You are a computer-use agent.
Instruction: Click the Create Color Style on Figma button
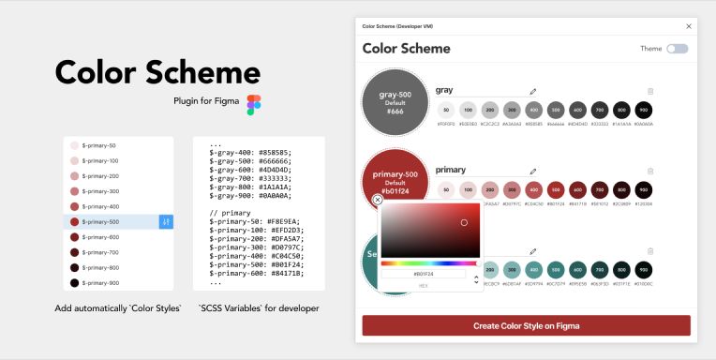pyautogui.click(x=526, y=325)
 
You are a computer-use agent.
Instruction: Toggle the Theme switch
pyautogui.click(x=677, y=49)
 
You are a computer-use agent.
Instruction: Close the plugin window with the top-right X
pyautogui.click(x=689, y=26)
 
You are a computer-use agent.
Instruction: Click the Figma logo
pyautogui.click(x=253, y=104)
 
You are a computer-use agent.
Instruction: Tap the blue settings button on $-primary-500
pyautogui.click(x=166, y=222)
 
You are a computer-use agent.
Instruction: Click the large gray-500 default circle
pyautogui.click(x=395, y=102)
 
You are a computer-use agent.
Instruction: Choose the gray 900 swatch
pyautogui.click(x=644, y=110)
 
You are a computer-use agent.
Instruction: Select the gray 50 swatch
pyautogui.click(x=445, y=110)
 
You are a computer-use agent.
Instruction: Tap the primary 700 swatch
pyautogui.click(x=600, y=189)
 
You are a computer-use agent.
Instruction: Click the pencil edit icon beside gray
pyautogui.click(x=533, y=91)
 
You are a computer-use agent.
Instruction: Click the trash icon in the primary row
pyautogui.click(x=650, y=172)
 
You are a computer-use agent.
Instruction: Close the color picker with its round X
pyautogui.click(x=378, y=200)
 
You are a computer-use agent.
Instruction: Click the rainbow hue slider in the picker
pyautogui.click(x=430, y=263)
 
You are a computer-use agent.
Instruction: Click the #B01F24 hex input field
pyautogui.click(x=424, y=274)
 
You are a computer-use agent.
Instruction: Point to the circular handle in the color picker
pyautogui.click(x=464, y=222)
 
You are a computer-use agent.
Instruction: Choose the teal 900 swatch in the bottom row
pyautogui.click(x=644, y=269)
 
